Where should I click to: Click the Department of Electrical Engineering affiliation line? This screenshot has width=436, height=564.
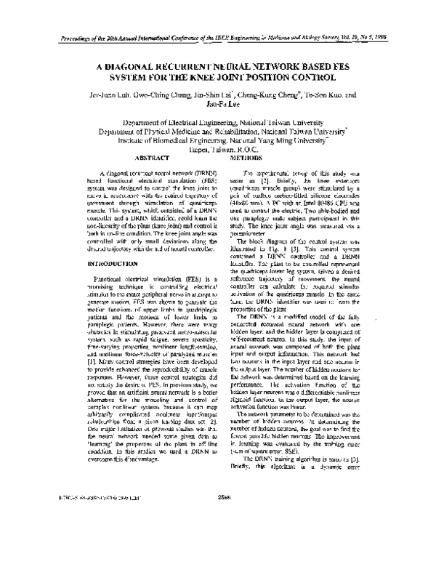[225, 124]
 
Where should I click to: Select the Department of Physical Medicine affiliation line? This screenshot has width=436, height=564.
[225, 135]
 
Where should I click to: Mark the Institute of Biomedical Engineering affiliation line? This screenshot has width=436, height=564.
[225, 146]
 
